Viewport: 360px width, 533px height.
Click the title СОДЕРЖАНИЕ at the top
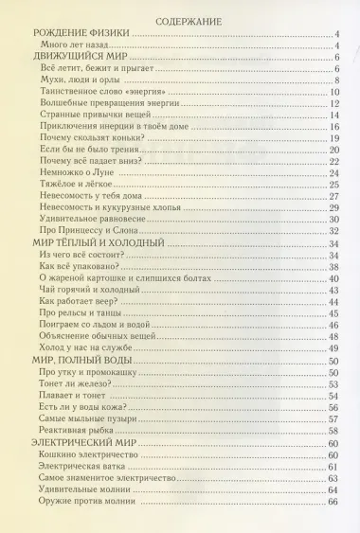179,18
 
